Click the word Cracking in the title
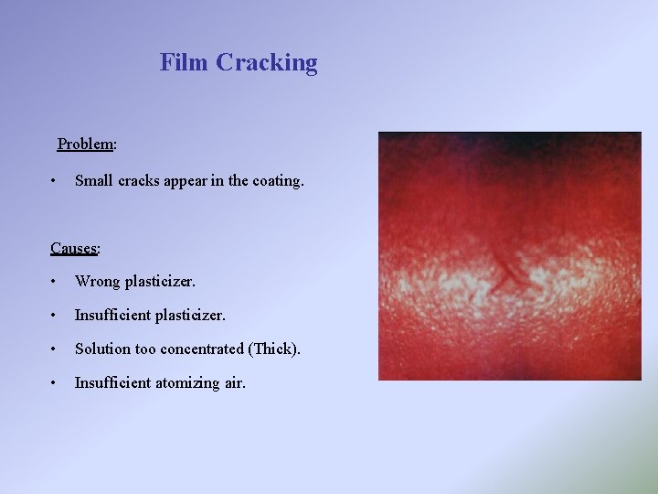(266, 63)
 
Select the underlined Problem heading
(86, 144)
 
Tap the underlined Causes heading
(75, 248)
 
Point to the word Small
(94, 180)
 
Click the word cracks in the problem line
(142, 180)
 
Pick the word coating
(277, 181)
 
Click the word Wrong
(97, 281)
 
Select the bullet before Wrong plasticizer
(56, 281)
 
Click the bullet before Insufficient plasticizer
(56, 316)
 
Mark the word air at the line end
(235, 383)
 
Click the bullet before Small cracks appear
(56, 180)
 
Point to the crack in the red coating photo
(505, 271)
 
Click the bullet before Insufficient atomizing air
(56, 383)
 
